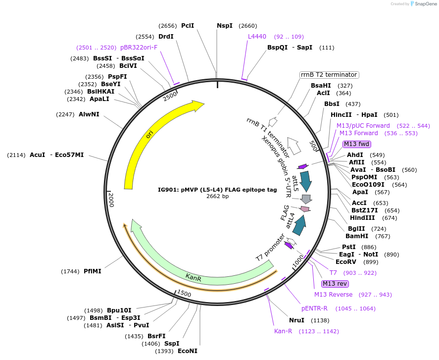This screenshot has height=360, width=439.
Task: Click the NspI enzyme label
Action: [224, 26]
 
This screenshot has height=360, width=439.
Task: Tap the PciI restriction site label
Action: [188, 26]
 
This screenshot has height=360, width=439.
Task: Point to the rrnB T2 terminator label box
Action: [329, 75]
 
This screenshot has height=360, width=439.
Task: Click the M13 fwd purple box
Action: [356, 144]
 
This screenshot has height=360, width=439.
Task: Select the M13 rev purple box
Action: [335, 284]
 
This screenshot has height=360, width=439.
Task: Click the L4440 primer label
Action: [257, 37]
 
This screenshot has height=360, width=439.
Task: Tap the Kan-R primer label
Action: [283, 331]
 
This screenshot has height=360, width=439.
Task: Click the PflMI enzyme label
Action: [93, 271]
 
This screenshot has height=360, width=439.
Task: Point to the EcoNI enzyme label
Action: [188, 351]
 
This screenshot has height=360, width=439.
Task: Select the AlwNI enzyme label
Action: [89, 114]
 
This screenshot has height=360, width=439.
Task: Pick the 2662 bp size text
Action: [217, 196]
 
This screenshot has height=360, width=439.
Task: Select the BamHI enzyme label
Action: [358, 236]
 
